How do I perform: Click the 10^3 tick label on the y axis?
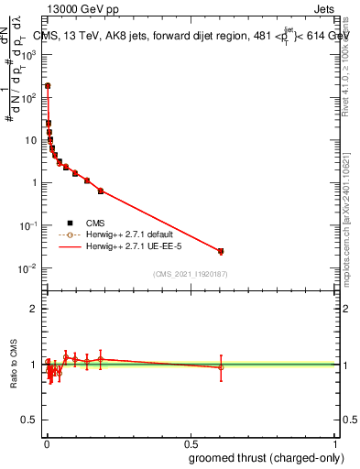tap(29, 54)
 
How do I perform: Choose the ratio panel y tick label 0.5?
tap(29, 421)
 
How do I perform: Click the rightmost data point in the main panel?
tap(221, 251)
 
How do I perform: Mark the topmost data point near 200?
tap(48, 85)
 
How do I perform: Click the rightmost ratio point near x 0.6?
tap(221, 367)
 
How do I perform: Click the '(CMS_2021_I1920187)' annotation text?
tap(191, 273)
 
